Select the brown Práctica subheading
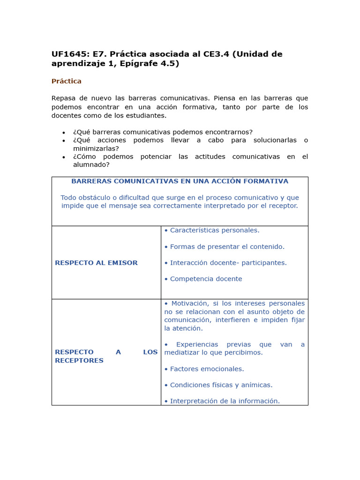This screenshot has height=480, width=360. tap(67, 81)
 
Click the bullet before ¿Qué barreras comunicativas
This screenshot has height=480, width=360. tap(64, 133)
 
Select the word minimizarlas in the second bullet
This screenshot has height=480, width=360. tap(96, 148)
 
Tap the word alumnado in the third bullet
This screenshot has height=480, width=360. tap(91, 165)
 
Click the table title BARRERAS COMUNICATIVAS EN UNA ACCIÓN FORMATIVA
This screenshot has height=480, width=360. tap(180, 181)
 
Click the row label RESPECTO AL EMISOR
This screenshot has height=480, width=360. tap(96, 263)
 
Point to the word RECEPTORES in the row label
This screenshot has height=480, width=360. tap(79, 360)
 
